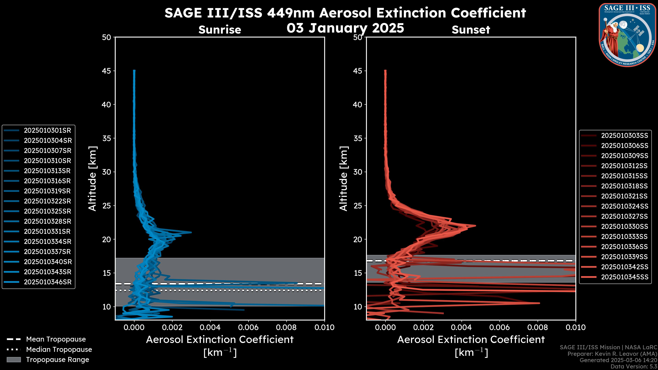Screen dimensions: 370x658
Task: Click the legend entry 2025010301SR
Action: (x=47, y=131)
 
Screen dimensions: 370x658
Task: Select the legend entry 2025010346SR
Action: (x=47, y=282)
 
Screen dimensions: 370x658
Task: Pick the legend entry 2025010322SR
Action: (x=47, y=201)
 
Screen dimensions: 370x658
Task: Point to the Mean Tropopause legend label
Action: (x=56, y=339)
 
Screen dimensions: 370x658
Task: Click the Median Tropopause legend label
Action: (x=59, y=350)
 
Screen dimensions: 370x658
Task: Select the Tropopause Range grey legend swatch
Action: (x=14, y=360)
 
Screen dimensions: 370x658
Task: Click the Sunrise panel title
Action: (x=220, y=30)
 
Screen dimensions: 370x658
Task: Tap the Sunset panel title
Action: (x=471, y=30)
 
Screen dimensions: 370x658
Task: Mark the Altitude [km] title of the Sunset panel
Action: (x=344, y=178)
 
